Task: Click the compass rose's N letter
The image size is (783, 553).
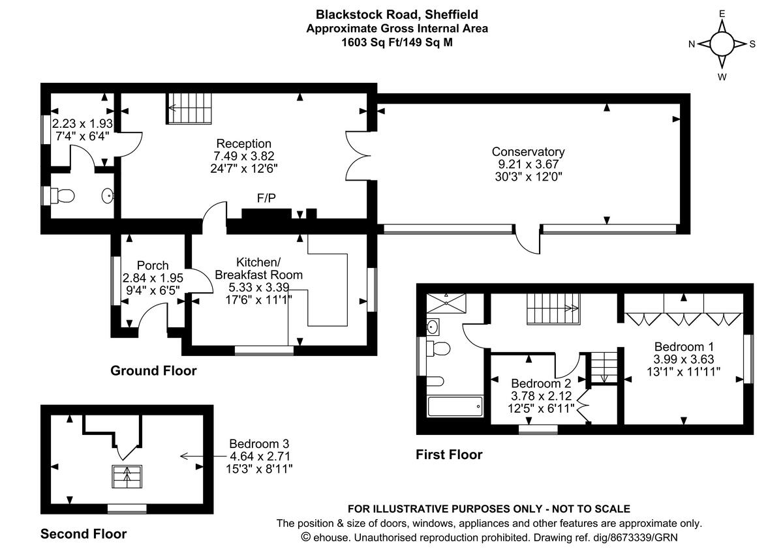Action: (692, 44)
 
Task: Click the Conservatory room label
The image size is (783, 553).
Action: (528, 152)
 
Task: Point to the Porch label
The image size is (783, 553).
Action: (153, 265)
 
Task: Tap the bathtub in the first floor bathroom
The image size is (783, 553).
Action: (455, 407)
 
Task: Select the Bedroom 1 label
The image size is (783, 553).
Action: (684, 346)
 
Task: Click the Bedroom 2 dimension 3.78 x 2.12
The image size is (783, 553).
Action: (542, 396)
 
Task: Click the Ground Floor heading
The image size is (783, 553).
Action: (153, 371)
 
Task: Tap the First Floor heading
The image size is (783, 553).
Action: (449, 455)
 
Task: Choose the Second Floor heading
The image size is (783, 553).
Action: (84, 534)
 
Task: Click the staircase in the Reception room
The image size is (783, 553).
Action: (191, 108)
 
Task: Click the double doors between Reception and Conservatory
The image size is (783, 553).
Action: (358, 155)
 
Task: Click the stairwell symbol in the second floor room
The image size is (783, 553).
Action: (127, 476)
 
